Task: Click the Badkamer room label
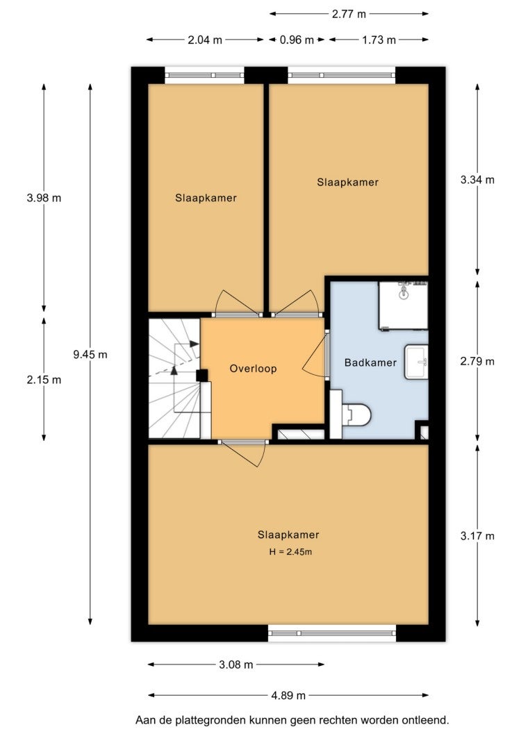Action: [x=370, y=362]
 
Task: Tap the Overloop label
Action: [x=253, y=369]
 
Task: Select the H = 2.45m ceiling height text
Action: [x=290, y=552]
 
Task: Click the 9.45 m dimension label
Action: [x=90, y=355]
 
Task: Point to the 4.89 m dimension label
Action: [x=288, y=695]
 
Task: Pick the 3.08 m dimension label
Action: [x=235, y=664]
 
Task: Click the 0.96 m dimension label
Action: [x=297, y=40]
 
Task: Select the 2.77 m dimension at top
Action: [x=349, y=14]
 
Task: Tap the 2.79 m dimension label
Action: [x=477, y=362]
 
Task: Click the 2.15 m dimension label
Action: [x=44, y=380]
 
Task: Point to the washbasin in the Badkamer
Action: [x=416, y=362]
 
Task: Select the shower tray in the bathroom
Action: [x=404, y=306]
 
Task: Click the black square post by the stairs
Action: [x=202, y=376]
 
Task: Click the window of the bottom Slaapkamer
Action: [x=332, y=633]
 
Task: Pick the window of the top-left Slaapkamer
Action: [x=205, y=75]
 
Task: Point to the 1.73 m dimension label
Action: [x=379, y=40]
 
